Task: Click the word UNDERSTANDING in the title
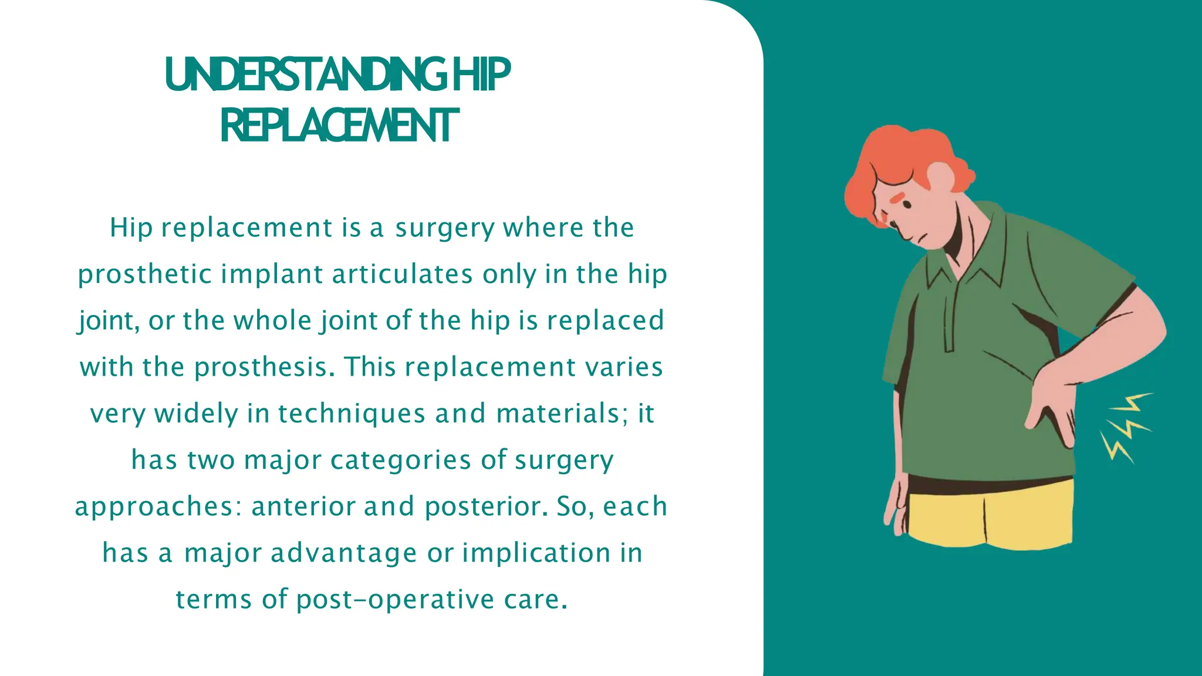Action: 306,75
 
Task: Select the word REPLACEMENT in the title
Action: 339,126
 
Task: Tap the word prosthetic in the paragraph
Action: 144,275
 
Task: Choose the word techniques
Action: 352,414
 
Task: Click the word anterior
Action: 303,506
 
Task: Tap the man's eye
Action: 907,205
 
